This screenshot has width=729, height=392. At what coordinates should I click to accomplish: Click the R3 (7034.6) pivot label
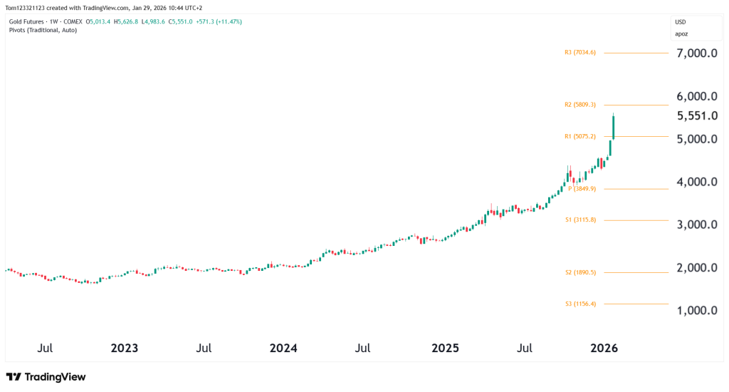(579, 52)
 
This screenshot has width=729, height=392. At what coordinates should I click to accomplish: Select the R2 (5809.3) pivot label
(579, 105)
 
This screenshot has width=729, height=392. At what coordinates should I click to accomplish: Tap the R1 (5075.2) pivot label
(579, 136)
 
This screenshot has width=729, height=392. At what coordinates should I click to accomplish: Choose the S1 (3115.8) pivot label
(580, 220)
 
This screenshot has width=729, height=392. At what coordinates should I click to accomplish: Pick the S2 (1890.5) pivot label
(580, 272)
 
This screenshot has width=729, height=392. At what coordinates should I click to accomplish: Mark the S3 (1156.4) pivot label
(580, 304)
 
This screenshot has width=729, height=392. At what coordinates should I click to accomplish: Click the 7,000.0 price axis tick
(697, 53)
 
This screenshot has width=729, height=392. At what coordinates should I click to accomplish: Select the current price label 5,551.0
(697, 115)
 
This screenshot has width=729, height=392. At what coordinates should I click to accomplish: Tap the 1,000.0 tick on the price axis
(697, 311)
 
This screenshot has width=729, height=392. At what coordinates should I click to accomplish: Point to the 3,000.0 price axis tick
(697, 225)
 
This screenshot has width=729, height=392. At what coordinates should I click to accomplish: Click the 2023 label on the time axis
(125, 349)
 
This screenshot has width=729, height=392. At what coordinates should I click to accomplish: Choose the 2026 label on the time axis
(604, 349)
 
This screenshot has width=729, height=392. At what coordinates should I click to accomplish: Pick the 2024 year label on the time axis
(283, 349)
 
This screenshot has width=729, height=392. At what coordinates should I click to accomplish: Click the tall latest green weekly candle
(614, 126)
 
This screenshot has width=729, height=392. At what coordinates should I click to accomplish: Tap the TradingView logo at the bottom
(46, 376)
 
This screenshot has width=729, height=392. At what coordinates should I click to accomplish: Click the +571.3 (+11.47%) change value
(218, 21)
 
